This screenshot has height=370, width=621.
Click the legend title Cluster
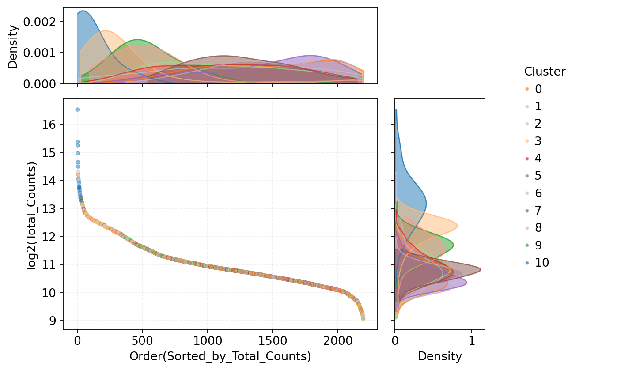pyautogui.click(x=545, y=72)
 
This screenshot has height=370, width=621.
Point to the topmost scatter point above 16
pyautogui.click(x=77, y=109)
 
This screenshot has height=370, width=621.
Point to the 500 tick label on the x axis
pyautogui.click(x=142, y=341)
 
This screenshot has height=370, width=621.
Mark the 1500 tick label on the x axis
pyautogui.click(x=272, y=341)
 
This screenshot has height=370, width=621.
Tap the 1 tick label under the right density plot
pyautogui.click(x=472, y=341)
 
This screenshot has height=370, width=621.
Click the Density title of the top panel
pyautogui.click(x=13, y=46)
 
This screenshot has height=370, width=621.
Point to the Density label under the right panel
pyautogui.click(x=439, y=357)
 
